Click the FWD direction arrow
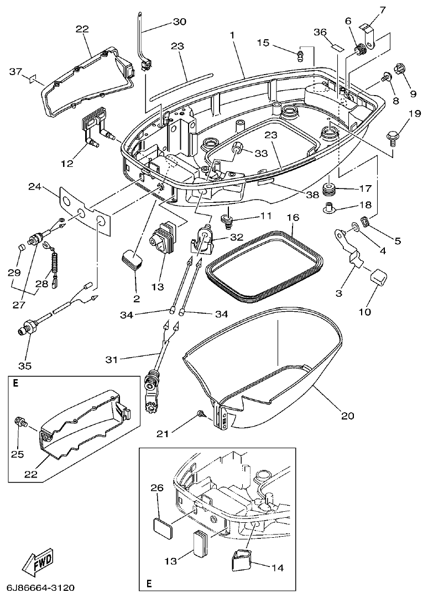tap(39, 564)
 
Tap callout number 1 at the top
tap(233, 35)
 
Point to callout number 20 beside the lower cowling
tap(347, 416)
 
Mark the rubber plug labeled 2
tap(132, 259)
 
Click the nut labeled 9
tap(398, 70)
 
